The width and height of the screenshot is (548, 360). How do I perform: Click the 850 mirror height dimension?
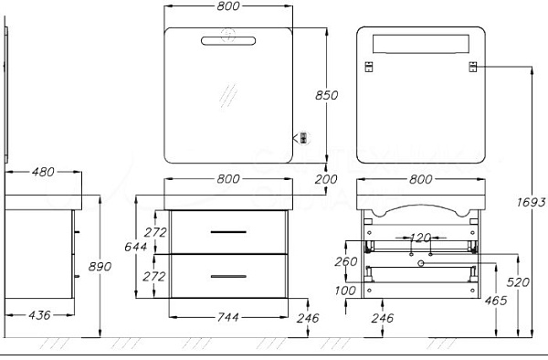[326, 95]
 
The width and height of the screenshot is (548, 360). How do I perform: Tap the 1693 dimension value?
[531, 202]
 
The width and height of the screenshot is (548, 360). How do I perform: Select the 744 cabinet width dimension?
[228, 317]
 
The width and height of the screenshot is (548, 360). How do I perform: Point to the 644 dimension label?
[135, 247]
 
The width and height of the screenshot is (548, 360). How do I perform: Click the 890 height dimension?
[100, 266]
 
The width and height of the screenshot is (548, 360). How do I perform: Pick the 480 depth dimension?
[43, 172]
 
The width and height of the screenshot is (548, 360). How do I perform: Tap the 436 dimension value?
[39, 315]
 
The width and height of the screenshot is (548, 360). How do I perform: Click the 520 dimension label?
[518, 282]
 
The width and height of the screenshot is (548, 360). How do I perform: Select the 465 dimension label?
[496, 301]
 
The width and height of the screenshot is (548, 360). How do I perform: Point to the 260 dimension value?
[346, 261]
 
